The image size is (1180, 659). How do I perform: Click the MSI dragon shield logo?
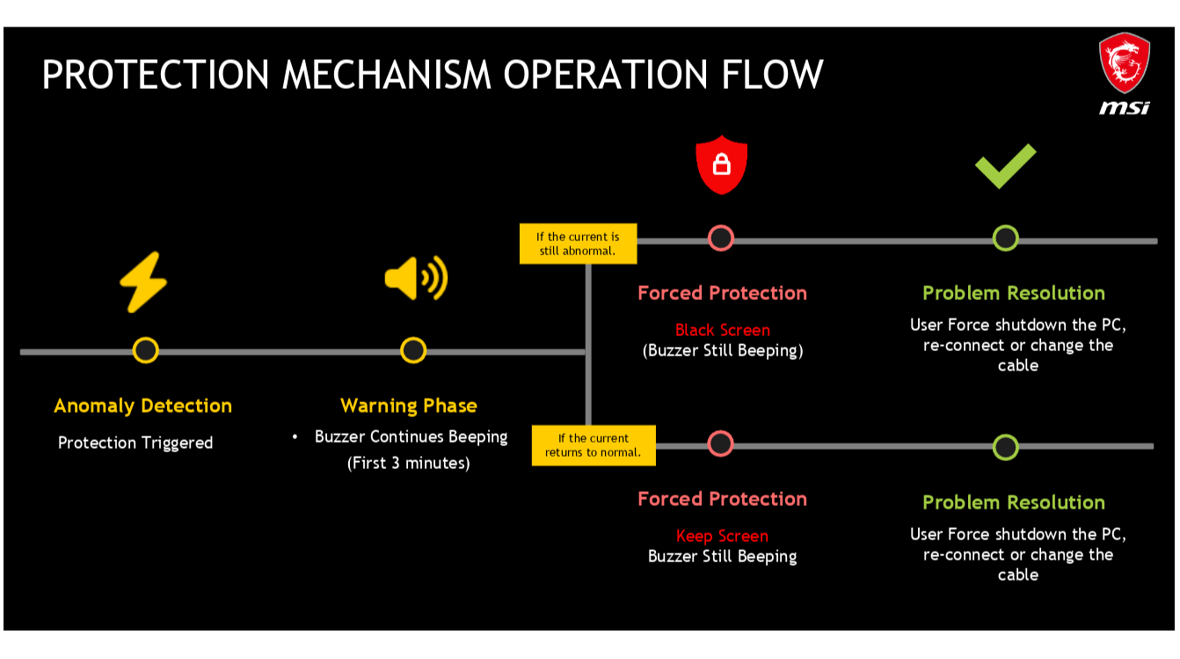(1124, 63)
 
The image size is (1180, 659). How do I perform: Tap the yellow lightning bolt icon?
(143, 282)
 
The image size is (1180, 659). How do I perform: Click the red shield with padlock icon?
(721, 164)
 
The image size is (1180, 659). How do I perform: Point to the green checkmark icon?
(1006, 165)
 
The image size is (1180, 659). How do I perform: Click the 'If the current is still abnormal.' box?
(577, 244)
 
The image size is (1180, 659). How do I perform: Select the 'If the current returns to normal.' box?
(594, 445)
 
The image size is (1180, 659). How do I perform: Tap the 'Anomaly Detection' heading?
(142, 406)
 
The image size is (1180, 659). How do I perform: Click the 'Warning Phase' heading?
(409, 406)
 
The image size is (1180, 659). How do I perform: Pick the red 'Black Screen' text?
(722, 330)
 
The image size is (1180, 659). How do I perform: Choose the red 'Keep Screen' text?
(722, 536)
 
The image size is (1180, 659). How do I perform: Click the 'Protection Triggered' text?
(135, 443)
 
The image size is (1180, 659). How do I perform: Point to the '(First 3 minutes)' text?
(409, 463)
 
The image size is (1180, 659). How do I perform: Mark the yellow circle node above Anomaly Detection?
(145, 350)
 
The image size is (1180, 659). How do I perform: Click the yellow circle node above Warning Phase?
(413, 350)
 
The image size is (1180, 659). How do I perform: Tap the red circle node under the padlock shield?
(721, 238)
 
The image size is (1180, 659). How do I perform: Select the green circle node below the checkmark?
(1005, 238)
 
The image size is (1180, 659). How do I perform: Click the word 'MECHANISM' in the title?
(390, 75)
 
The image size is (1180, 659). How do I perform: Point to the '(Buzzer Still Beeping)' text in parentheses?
(722, 350)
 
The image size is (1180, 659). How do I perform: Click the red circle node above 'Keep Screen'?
(720, 444)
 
